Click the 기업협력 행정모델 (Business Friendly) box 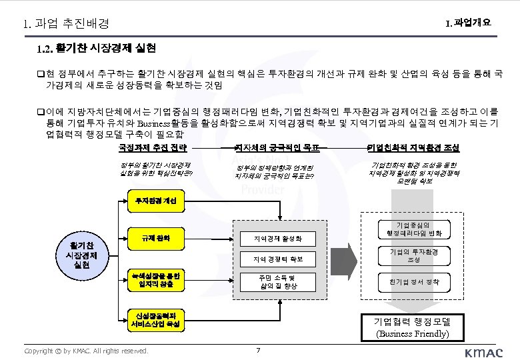click(413, 326)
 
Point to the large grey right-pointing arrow click(345, 260)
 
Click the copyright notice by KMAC click(86, 351)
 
